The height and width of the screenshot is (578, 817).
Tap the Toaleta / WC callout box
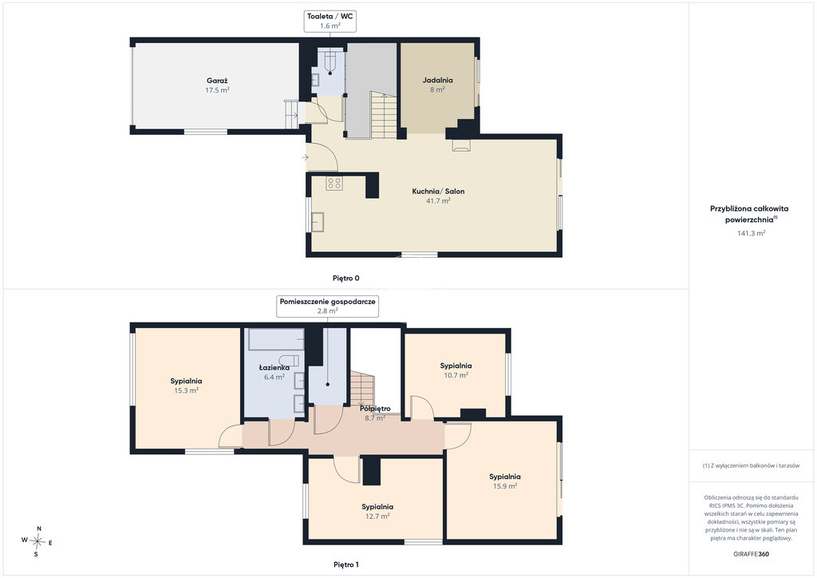tap(330, 21)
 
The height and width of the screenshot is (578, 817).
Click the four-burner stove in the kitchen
tap(334, 183)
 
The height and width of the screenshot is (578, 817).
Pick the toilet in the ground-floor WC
tap(330, 62)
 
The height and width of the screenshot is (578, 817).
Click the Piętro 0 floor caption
tap(346, 279)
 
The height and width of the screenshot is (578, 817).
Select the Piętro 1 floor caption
tap(346, 564)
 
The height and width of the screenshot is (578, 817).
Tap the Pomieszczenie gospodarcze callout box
tap(328, 306)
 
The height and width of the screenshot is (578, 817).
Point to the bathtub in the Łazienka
tap(276, 339)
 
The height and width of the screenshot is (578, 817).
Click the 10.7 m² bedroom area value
tap(456, 375)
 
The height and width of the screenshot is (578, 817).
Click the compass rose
tap(37, 541)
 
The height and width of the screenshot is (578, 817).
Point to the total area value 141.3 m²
tap(751, 233)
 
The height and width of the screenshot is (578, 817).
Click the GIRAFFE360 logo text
tap(751, 554)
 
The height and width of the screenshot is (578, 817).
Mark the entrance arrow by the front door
tap(305, 157)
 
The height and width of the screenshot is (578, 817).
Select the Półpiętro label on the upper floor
tap(375, 409)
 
